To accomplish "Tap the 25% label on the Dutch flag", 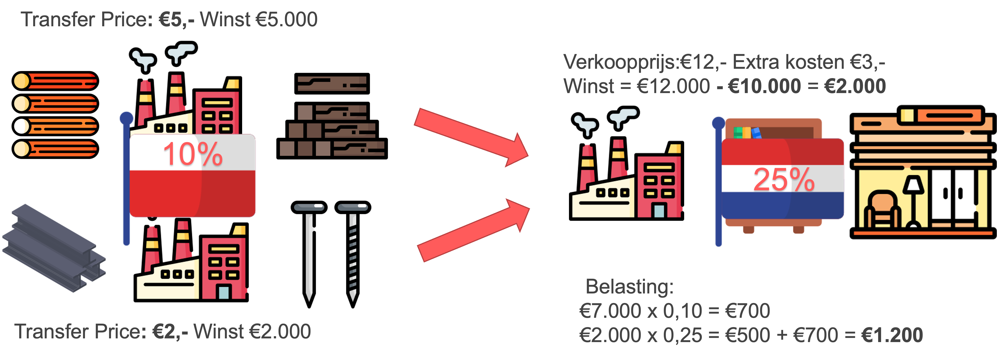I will (784, 180).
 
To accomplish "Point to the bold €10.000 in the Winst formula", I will (764, 86).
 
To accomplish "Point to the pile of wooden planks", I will (332, 116).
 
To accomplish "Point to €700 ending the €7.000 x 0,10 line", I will (747, 311).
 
